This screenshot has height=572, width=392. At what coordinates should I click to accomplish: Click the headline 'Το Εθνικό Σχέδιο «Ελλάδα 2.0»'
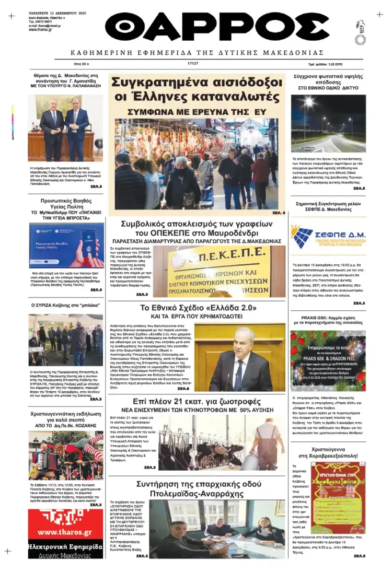pos(197,308)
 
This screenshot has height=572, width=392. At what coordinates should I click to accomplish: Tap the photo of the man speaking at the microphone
pos(240,358)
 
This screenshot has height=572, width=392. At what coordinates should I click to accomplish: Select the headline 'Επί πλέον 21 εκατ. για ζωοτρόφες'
pos(197,402)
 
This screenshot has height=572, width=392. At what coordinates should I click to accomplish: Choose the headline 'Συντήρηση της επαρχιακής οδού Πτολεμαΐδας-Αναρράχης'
pos(197,488)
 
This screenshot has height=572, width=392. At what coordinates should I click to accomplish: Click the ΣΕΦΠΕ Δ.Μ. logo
pos(328,236)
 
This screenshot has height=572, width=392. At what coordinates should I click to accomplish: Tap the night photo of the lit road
pos(328,124)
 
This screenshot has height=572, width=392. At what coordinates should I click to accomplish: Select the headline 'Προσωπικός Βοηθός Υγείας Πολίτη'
pos(65,204)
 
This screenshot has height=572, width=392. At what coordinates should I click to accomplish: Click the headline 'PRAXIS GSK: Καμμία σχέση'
pos(328,320)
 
